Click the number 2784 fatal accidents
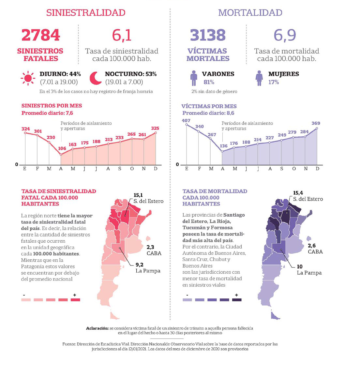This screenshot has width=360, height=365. click(41, 35)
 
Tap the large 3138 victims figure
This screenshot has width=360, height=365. click(208, 35)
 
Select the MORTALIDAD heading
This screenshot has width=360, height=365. click(250, 12)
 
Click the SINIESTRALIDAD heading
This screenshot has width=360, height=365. click(86, 12)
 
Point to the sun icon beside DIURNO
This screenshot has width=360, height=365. click(28, 78)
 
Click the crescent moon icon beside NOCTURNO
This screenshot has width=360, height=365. click(96, 78)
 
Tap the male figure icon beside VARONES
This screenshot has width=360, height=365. click(194, 78)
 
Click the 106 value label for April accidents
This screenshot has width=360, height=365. click(62, 148)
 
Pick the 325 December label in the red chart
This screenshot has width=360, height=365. click(155, 128)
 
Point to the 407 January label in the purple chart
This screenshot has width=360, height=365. click(186, 120)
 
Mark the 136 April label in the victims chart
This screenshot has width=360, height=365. click(224, 146)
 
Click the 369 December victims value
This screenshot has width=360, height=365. click(316, 123)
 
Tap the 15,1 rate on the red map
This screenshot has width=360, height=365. click(138, 195)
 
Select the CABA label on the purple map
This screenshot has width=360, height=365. click(315, 251)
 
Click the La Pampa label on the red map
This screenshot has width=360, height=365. click(148, 271)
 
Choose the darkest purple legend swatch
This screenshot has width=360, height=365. click(237, 299)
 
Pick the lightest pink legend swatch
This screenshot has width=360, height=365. click(26, 299)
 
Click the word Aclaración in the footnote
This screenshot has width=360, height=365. click(97, 328)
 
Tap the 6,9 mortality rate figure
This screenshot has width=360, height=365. click(285, 35)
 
